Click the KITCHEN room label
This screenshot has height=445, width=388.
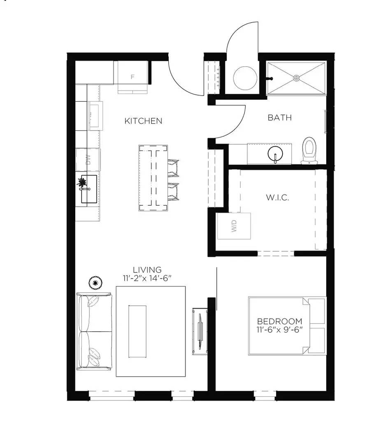point(143,121)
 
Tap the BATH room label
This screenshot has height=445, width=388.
point(279,117)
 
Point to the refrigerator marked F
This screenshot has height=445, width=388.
point(132,77)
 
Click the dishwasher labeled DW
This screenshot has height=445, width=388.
point(88,159)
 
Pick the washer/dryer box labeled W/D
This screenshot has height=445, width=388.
point(234,226)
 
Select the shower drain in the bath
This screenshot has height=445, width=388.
point(296,77)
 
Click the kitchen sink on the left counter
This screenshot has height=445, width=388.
point(88,189)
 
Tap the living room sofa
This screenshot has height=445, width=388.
point(95,331)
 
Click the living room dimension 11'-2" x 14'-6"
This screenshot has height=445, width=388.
point(147,279)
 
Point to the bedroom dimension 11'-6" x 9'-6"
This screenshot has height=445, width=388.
point(279,330)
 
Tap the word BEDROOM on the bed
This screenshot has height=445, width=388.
point(279,321)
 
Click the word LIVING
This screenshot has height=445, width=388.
point(147,270)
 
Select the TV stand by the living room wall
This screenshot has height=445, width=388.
point(200,331)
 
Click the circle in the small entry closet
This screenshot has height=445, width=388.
point(246,78)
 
